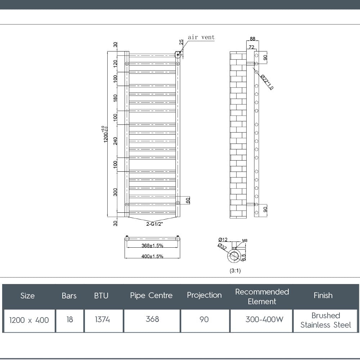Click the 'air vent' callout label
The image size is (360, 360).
click(x=201, y=37)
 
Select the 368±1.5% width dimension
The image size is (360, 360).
click(x=152, y=246)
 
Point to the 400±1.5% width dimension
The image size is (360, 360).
click(x=152, y=256)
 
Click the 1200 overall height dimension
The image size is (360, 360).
click(x=105, y=134)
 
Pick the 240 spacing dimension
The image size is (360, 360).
click(x=115, y=141)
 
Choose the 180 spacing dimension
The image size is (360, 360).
click(x=115, y=98)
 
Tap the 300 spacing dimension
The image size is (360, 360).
click(x=115, y=192)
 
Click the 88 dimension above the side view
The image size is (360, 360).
click(x=252, y=39)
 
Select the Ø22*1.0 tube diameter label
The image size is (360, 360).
click(x=267, y=82)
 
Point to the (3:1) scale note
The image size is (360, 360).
click(x=235, y=271)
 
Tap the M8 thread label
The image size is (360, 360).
click(x=245, y=240)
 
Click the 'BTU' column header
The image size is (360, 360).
click(x=101, y=296)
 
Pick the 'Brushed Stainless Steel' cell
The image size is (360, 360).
click(x=325, y=320)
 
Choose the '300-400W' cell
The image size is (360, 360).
click(x=262, y=319)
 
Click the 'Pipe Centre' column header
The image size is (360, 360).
click(x=151, y=296)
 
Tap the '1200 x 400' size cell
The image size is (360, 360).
click(x=29, y=320)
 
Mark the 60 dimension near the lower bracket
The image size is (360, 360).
click(x=188, y=201)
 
